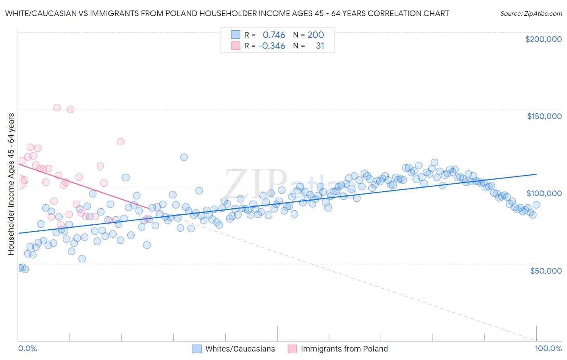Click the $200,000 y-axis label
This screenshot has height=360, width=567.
pyautogui.click(x=543, y=39)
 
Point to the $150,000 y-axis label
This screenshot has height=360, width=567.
pyautogui.click(x=544, y=116)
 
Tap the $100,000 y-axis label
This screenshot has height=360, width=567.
pyautogui.click(x=544, y=193)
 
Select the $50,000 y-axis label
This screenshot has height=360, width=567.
pyautogui.click(x=546, y=270)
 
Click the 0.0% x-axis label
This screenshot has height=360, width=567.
pyautogui.click(x=27, y=348)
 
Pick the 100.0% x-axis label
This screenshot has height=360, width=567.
pyautogui.click(x=548, y=348)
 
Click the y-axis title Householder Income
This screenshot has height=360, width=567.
pyautogui.click(x=11, y=184)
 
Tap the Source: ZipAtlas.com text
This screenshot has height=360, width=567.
pyautogui.click(x=531, y=13)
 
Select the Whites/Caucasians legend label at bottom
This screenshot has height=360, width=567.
pyautogui.click(x=240, y=349)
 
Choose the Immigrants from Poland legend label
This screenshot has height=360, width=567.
pyautogui.click(x=344, y=349)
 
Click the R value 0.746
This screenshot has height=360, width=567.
pyautogui.click(x=274, y=35)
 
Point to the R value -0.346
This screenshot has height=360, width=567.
pyautogui.click(x=272, y=46)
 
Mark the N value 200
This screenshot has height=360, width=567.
pyautogui.click(x=316, y=35)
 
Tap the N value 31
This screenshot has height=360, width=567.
pyautogui.click(x=320, y=46)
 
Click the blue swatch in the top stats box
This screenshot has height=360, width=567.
pyautogui.click(x=236, y=35)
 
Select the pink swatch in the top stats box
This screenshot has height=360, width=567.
pyautogui.click(x=236, y=46)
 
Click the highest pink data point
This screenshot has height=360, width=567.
pyautogui.click(x=57, y=107)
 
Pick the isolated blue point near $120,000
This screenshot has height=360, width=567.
pyautogui.click(x=184, y=157)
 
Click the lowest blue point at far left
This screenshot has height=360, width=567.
pyautogui.click(x=25, y=269)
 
